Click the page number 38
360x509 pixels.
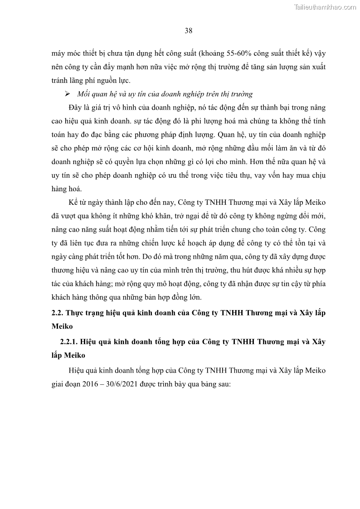coord(189,31)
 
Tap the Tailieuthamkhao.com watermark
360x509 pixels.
coord(325,7)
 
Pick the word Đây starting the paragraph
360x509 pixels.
coord(73,108)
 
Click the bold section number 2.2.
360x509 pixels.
coord(59,313)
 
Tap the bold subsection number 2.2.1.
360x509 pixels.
coord(70,342)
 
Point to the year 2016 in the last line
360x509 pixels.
coord(83,384)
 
